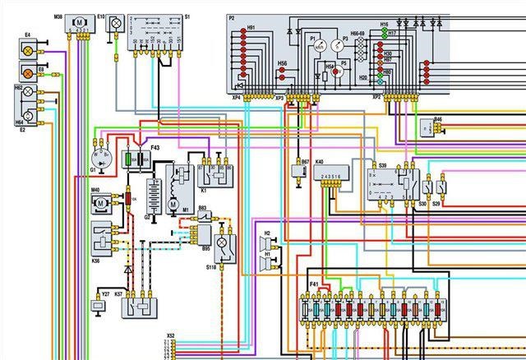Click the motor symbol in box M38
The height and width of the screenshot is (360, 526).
(80, 20)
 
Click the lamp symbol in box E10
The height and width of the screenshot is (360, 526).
(117, 20)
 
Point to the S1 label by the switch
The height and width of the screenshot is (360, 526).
(187, 16)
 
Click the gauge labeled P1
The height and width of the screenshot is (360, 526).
(316, 47)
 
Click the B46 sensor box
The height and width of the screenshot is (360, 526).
(427, 128)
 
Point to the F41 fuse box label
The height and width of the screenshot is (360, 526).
(313, 284)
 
